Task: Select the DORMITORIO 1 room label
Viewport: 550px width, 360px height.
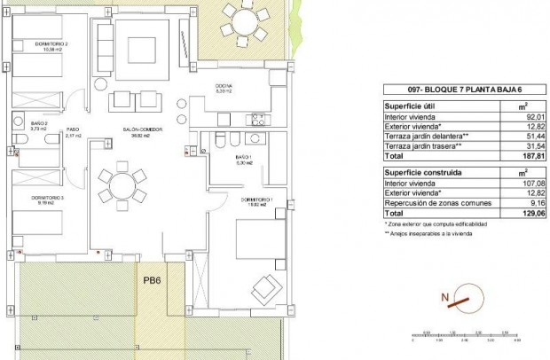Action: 256,200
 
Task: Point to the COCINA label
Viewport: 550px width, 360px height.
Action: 224,86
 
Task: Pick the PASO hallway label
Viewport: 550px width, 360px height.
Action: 74,132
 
